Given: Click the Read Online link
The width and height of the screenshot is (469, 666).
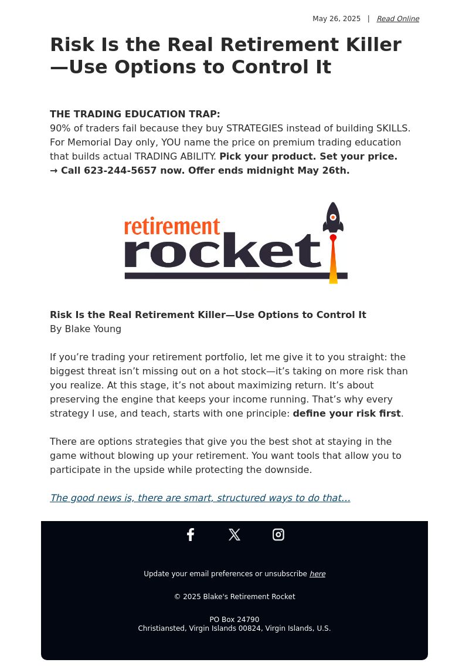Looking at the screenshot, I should tap(397, 19).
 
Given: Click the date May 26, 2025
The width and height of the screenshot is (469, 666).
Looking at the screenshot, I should tap(337, 19).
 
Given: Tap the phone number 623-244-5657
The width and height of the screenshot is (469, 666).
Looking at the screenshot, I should tap(120, 171).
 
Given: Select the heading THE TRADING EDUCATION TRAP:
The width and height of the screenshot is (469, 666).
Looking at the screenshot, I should tap(135, 114).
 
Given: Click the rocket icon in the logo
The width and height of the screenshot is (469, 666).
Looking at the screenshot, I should tap(333, 218).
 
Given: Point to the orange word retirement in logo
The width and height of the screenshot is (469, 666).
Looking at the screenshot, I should tap(172, 226).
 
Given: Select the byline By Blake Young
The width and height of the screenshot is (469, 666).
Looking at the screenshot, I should tap(86, 329).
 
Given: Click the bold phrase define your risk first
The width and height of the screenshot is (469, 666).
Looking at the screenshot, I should tap(346, 414).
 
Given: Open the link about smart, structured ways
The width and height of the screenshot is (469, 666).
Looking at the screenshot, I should tap(200, 498).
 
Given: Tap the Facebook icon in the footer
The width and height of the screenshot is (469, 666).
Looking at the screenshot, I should tap(191, 535).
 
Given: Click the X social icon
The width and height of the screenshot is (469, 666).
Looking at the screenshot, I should tap(235, 535).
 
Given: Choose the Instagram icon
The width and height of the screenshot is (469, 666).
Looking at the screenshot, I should tap(278, 535).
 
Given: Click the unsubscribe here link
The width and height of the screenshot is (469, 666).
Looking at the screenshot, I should tap(317, 574).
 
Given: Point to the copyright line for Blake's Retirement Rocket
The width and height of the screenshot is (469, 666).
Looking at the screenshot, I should tap(235, 597).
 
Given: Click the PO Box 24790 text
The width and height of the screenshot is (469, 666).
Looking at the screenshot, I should tap(235, 620).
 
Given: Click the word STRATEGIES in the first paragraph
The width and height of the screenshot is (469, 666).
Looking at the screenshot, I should tap(254, 129).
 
